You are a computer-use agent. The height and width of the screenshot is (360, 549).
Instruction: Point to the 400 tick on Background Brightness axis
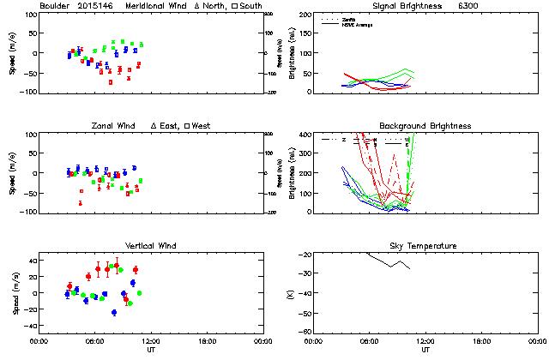tap(304, 135)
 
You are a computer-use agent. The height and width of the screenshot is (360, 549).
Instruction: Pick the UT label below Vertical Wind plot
tap(150, 349)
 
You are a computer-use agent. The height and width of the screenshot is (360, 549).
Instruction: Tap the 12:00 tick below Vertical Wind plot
tap(150, 341)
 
